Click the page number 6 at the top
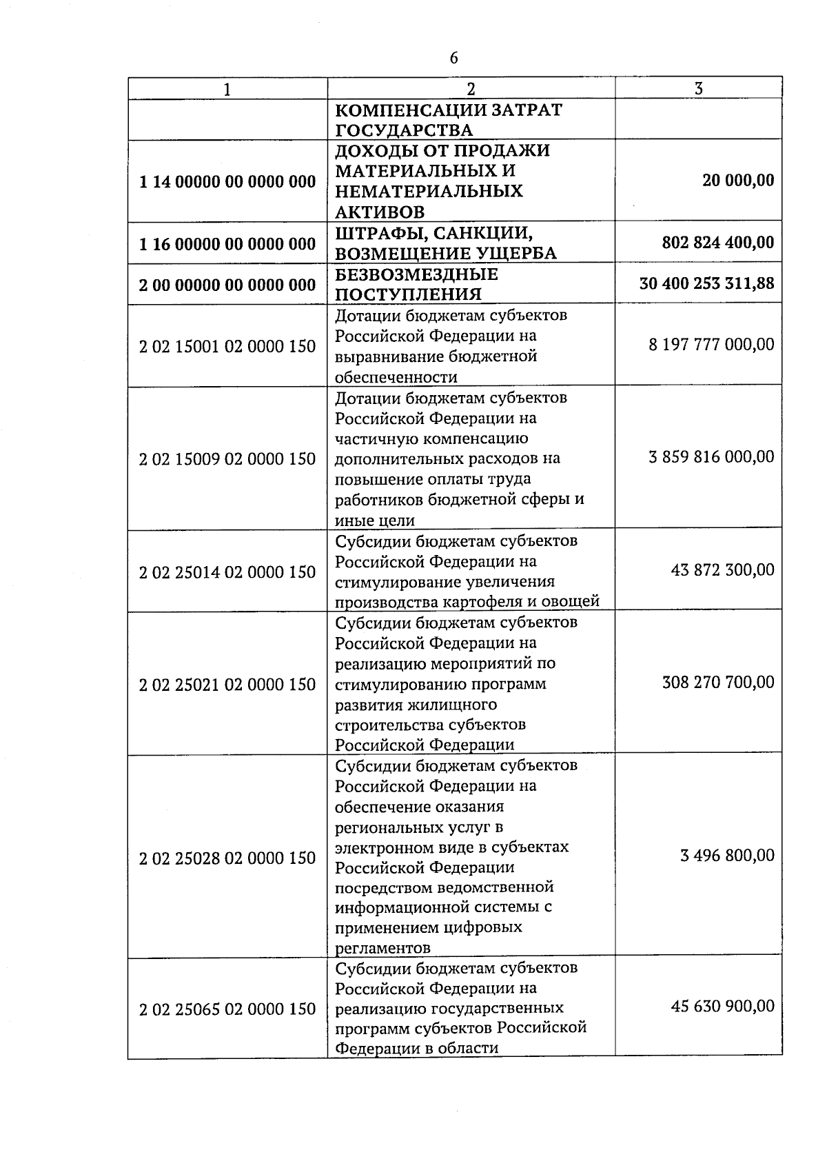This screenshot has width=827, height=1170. (x=453, y=58)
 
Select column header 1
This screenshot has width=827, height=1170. (x=227, y=89)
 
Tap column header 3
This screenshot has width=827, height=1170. (x=698, y=88)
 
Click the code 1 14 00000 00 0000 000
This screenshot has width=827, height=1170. (x=227, y=181)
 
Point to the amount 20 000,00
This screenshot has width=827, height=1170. (x=738, y=181)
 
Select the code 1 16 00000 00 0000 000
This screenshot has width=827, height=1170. (x=227, y=243)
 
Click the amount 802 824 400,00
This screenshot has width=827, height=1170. (x=717, y=243)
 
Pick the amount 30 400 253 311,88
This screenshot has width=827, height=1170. (x=706, y=283)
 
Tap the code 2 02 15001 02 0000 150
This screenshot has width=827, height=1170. (x=227, y=346)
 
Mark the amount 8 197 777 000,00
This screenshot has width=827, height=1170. (x=711, y=344)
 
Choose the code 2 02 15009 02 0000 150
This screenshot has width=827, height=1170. (x=227, y=458)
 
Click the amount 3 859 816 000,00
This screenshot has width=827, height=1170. (x=711, y=457)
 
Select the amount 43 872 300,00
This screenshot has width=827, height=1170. (x=722, y=570)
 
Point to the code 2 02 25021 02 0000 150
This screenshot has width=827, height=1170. (x=227, y=685)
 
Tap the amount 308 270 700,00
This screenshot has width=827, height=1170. (x=718, y=683)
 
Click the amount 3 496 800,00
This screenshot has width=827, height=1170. (x=727, y=856)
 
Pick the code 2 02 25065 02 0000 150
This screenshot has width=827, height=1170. (x=227, y=1009)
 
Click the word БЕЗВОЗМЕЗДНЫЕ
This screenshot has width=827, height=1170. (x=416, y=274)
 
